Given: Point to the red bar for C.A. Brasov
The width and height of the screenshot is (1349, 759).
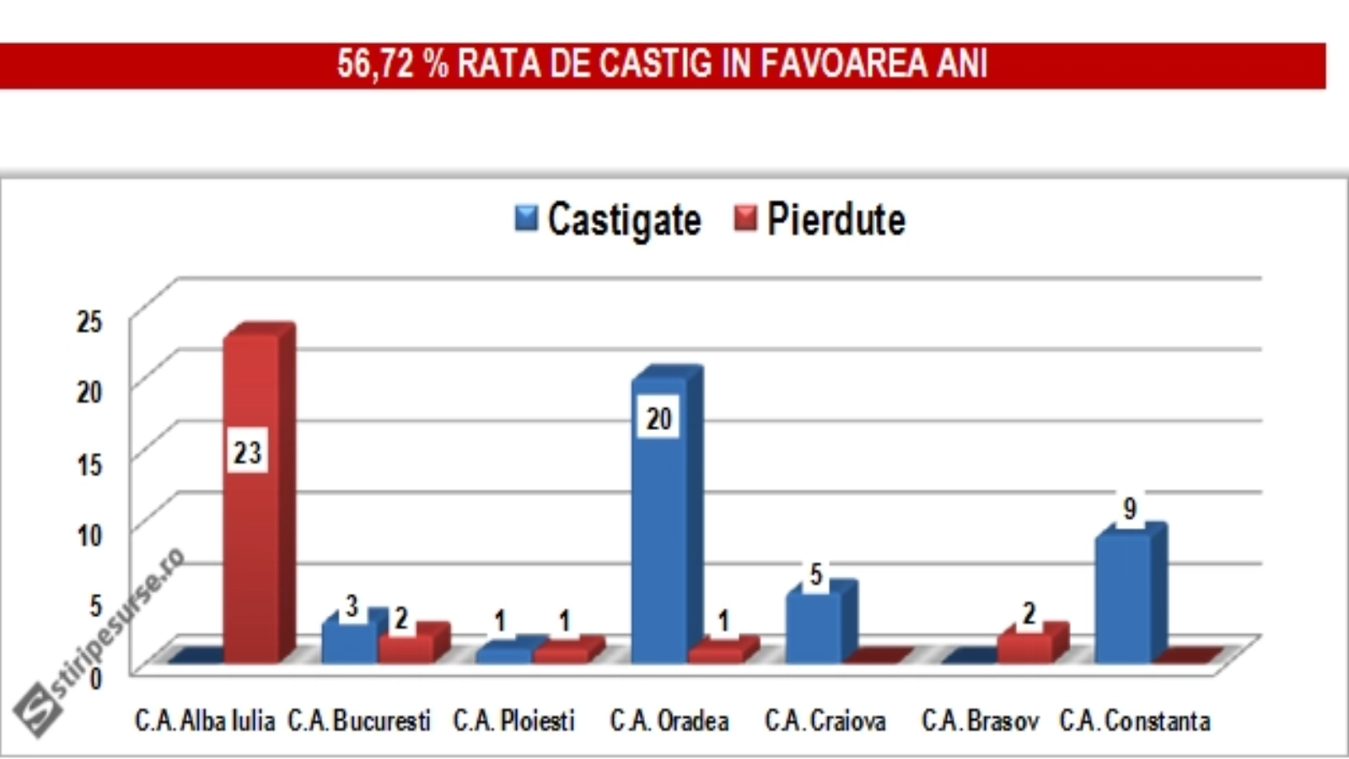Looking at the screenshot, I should [x=1024, y=646].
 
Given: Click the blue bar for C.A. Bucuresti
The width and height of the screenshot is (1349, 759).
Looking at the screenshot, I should [x=349, y=641].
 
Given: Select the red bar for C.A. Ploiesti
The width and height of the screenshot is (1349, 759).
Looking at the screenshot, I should [x=561, y=652].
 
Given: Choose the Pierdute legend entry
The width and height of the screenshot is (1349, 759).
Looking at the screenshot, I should [x=820, y=220].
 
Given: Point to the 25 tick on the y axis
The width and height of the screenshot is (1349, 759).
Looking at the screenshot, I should [x=89, y=321].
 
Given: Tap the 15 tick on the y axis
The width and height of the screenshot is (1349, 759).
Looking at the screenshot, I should [x=89, y=464].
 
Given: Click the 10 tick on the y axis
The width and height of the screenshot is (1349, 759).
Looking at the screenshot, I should [x=89, y=536].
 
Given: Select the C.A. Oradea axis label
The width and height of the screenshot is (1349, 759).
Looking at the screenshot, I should [x=669, y=721].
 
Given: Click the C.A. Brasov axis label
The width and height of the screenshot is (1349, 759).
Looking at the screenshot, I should [x=981, y=721].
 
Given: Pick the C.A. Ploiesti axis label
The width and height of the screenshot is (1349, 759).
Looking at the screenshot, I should [x=514, y=721].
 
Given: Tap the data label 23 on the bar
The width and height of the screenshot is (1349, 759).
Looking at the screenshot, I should [x=247, y=453].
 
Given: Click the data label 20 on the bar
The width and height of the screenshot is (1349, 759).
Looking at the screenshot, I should [x=658, y=418].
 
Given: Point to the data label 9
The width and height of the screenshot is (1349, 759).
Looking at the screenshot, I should [x=1130, y=509].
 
